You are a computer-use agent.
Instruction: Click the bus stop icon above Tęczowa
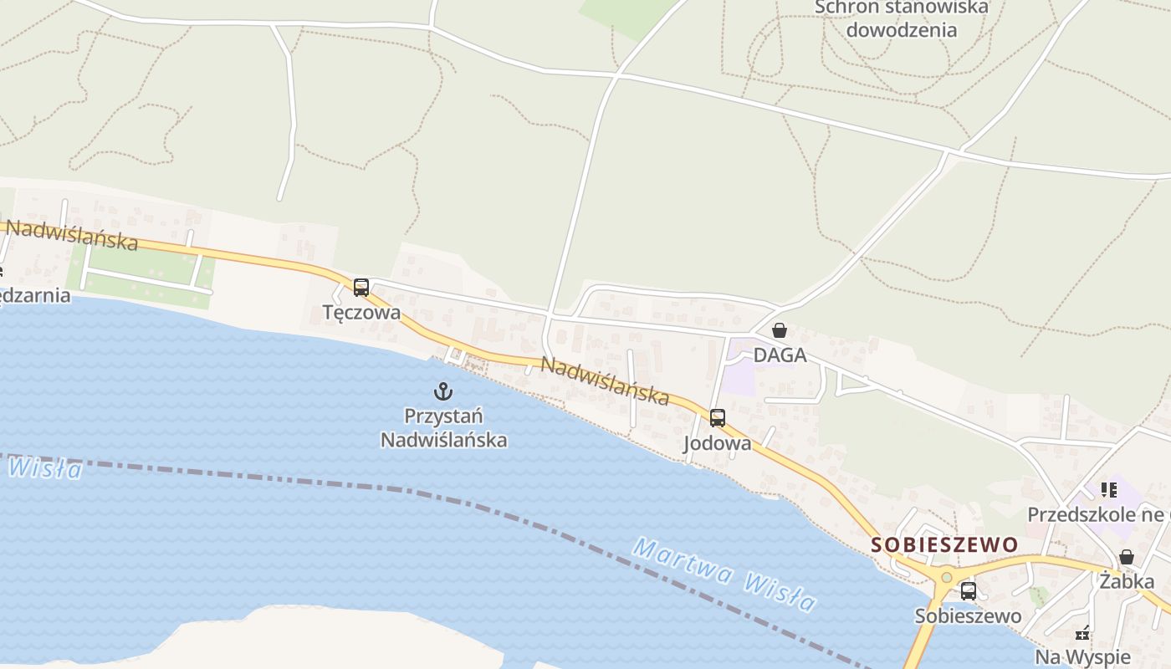tap(361, 288)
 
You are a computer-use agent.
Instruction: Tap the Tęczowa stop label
tap(361, 313)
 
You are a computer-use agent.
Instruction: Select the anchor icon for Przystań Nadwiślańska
tap(443, 391)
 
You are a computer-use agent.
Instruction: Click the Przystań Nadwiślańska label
tap(443, 427)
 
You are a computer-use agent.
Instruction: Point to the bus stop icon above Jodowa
tap(717, 418)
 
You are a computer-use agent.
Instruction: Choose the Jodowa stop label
tap(717, 443)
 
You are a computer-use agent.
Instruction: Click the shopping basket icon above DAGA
tap(780, 330)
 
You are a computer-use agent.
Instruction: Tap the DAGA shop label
tap(780, 355)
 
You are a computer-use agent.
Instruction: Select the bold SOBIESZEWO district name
tap(944, 545)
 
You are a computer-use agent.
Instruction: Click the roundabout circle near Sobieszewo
tap(946, 577)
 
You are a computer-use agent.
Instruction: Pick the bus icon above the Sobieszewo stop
tap(968, 591)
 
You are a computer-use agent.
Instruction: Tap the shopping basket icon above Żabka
tap(1127, 557)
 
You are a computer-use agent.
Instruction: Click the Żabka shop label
tap(1127, 581)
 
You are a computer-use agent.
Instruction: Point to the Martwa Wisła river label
tap(724, 575)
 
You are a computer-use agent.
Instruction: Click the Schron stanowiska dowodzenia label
tap(901, 18)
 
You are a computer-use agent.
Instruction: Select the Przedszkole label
tap(1095, 514)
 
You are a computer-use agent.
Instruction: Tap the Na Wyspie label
tap(1082, 656)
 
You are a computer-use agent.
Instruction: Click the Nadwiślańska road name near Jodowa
tap(605, 380)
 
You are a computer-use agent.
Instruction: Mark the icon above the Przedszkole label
tap(1109, 490)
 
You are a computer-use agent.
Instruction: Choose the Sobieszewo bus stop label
tap(968, 616)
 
